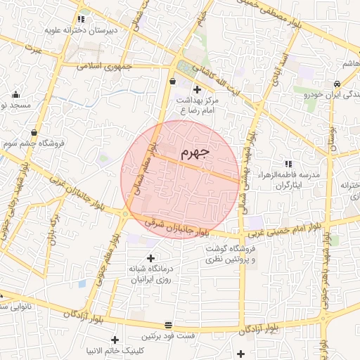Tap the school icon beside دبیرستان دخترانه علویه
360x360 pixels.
point(82,19)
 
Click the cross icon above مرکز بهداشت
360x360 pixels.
point(197,89)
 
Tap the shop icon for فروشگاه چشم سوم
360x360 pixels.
point(34,131)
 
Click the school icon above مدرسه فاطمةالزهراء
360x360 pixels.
point(288,163)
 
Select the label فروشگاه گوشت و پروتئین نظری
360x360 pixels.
point(233,254)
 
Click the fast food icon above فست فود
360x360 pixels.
point(168,325)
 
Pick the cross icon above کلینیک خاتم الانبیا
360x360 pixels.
point(114,339)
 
